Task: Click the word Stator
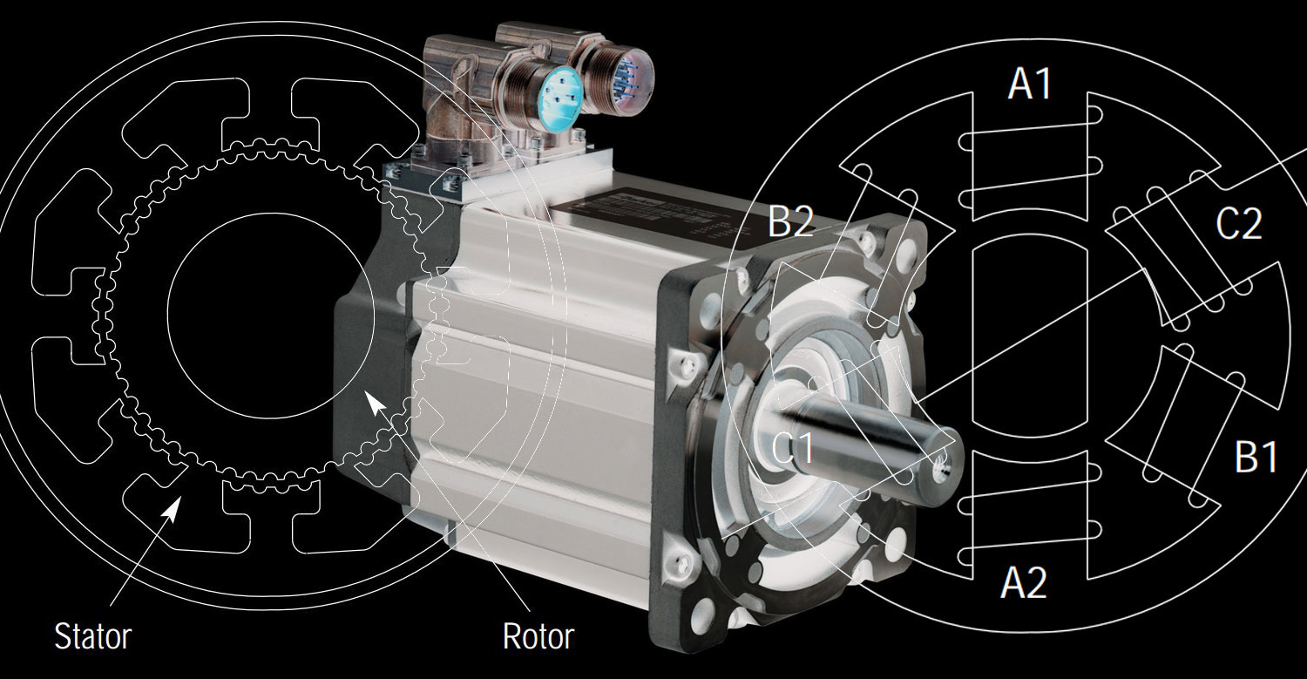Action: click(x=92, y=636)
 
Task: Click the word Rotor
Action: click(x=538, y=636)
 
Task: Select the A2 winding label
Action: click(x=1023, y=583)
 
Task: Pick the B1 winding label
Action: click(x=1256, y=457)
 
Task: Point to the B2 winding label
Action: click(x=790, y=223)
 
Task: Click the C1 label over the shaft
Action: click(x=793, y=448)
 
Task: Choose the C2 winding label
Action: click(x=1238, y=225)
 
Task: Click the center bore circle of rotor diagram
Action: click(x=269, y=316)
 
